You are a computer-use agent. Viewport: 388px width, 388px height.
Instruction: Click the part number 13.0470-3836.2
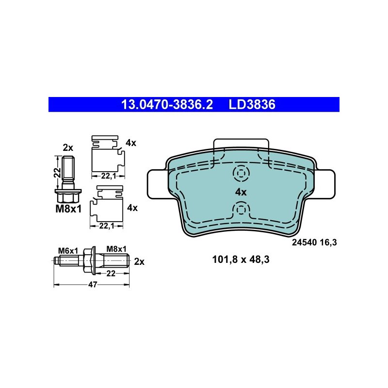click(167, 104)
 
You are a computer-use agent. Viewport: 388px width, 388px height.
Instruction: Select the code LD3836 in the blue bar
click(252, 104)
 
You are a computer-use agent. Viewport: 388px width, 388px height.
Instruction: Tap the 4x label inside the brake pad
click(241, 192)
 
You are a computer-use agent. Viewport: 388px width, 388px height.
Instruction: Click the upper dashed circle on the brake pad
click(241, 173)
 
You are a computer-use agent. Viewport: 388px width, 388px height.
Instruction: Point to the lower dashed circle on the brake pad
click(241, 210)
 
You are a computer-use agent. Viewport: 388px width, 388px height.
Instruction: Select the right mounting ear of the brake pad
click(325, 184)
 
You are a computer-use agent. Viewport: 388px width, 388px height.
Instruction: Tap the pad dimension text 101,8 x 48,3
click(241, 259)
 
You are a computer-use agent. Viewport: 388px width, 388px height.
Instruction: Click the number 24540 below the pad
click(305, 242)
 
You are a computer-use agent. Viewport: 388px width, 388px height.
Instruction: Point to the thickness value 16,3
click(328, 242)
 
